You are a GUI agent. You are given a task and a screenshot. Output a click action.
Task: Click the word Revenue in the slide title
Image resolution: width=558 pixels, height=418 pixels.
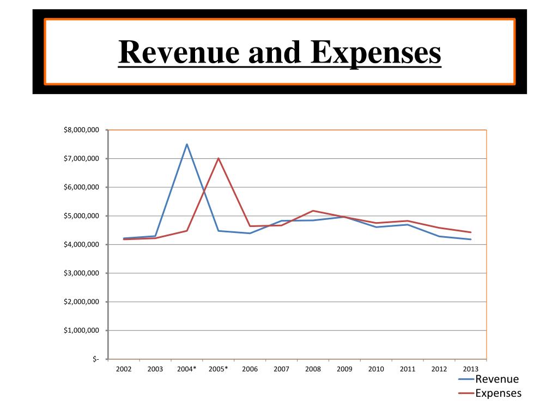click(x=179, y=53)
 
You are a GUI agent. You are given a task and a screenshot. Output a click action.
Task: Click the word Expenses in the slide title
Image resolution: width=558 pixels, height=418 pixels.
click(x=376, y=53)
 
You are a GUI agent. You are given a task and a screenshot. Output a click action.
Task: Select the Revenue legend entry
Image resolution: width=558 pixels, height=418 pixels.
click(x=496, y=379)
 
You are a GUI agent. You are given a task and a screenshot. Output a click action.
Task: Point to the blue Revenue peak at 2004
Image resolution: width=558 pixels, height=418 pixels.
click(x=187, y=144)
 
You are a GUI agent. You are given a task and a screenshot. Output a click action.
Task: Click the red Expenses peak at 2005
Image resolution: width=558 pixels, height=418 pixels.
click(x=219, y=158)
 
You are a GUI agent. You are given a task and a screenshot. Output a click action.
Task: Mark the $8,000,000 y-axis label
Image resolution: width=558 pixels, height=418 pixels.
click(x=81, y=130)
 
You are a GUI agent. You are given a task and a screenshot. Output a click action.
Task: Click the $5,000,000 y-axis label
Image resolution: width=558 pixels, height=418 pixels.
click(x=81, y=216)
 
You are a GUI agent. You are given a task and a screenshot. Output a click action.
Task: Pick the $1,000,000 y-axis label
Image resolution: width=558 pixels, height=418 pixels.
click(x=81, y=331)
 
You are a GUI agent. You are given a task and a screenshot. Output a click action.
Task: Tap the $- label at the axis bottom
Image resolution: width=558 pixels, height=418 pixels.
click(x=95, y=359)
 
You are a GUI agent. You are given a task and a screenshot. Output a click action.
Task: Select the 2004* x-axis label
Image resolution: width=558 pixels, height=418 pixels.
click(x=187, y=369)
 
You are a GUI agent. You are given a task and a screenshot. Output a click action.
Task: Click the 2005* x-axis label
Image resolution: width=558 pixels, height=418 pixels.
click(x=219, y=369)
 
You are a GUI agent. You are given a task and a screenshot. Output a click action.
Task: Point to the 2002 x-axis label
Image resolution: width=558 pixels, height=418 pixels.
click(x=124, y=369)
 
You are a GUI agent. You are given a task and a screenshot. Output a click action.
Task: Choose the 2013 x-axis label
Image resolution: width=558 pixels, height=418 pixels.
click(x=471, y=369)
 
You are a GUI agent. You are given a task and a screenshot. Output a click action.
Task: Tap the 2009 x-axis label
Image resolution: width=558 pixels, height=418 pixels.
click(x=344, y=369)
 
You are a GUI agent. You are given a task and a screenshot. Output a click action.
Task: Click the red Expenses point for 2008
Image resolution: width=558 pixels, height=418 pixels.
click(x=313, y=211)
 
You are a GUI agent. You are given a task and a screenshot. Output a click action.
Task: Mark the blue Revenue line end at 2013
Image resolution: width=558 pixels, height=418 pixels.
click(x=471, y=239)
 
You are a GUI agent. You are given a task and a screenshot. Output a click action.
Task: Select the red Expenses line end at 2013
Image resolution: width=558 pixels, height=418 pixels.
click(x=471, y=232)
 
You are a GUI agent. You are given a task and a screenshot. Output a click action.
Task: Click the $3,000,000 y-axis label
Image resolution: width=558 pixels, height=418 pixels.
click(x=81, y=273)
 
